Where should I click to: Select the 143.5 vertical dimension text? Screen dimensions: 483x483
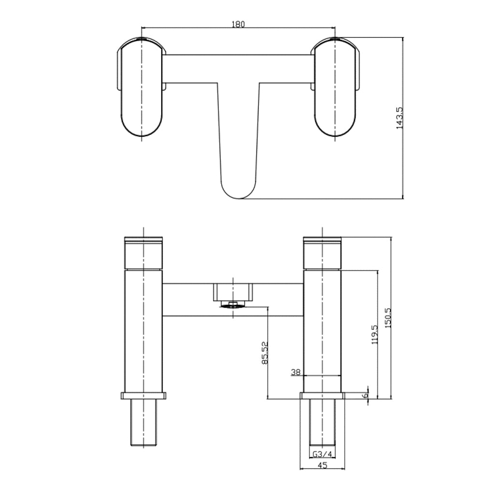click(x=399, y=118)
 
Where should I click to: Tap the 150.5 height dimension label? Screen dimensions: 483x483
click(x=387, y=318)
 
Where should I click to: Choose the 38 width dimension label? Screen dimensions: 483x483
click(x=296, y=372)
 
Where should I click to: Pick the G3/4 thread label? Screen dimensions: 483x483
click(x=322, y=454)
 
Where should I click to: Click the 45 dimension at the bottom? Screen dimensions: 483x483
click(x=323, y=465)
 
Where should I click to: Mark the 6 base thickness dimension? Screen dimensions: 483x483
click(x=366, y=395)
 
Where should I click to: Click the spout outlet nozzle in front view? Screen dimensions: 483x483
click(x=233, y=304)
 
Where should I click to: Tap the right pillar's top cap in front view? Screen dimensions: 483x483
click(x=322, y=252)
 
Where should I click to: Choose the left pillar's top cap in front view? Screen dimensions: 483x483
click(x=143, y=252)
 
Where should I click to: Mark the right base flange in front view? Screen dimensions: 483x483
click(x=322, y=396)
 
